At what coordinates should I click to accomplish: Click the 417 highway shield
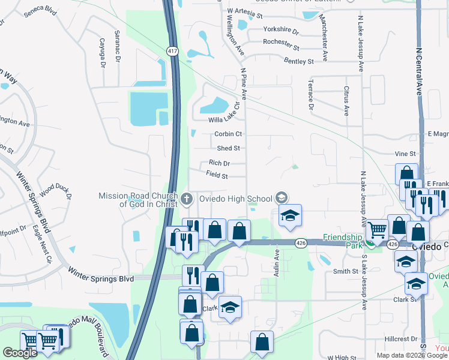pos(172,52)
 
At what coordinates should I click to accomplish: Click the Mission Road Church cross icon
pos(187,197)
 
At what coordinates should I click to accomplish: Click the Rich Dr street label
pos(219,163)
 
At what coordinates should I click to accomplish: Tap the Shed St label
pos(229,148)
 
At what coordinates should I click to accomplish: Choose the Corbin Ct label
pos(228,134)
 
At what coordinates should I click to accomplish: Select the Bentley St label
pos(299,61)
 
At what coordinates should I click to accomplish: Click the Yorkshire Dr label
pos(281,29)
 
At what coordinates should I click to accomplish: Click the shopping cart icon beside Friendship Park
pos(378,228)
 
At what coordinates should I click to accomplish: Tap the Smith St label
pos(346,271)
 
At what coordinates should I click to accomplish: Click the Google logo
pos(20,353)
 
